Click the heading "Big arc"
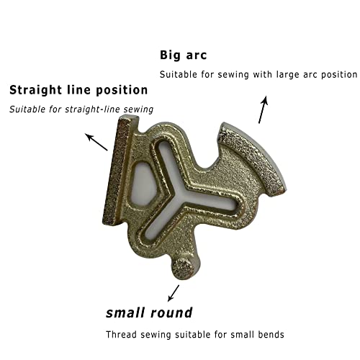[x=183, y=55]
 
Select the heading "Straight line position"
[x=78, y=91]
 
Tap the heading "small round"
[x=149, y=312]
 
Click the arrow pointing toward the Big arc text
[x=263, y=109]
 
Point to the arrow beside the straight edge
[x=96, y=142]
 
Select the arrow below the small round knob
[x=174, y=293]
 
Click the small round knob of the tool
[x=183, y=269]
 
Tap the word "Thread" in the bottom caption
[x=122, y=334]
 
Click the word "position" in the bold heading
[x=122, y=91]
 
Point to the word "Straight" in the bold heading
[x=35, y=91]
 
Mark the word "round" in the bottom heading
[x=171, y=312]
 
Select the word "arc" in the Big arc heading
[x=197, y=56]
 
